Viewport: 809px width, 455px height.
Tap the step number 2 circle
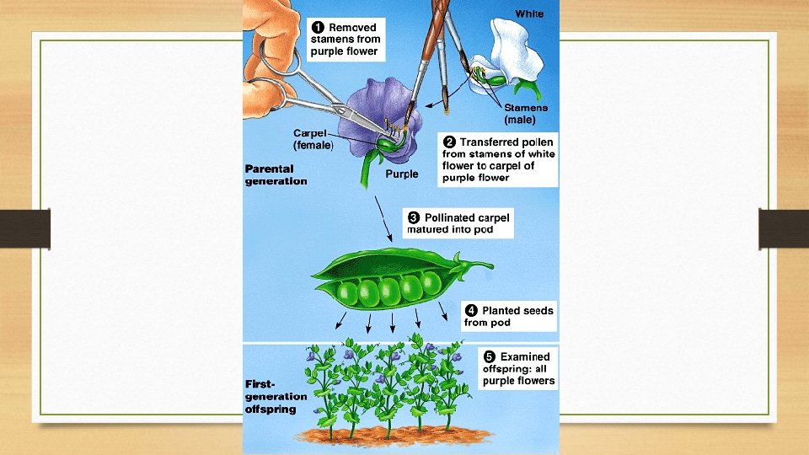450,142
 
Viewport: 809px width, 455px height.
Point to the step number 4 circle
471,310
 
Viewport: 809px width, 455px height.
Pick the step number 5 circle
489,356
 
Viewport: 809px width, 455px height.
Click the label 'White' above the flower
529,13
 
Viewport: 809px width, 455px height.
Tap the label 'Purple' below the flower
401,174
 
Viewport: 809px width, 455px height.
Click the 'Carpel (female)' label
313,139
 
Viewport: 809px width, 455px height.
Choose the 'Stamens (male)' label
526,113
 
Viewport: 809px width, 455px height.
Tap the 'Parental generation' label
276,174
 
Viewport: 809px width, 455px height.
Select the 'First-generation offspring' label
271,396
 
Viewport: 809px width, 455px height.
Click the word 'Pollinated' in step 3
452,217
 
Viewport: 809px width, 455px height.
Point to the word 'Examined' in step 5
525,356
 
